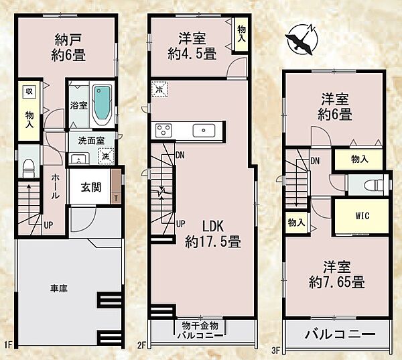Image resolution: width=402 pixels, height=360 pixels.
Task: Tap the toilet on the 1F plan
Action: click(x=29, y=168)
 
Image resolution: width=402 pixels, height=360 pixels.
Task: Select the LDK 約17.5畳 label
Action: click(x=213, y=233)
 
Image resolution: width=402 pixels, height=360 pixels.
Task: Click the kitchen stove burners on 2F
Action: click(x=165, y=129)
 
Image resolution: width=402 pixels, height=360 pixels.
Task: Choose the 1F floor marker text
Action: click(x=9, y=346)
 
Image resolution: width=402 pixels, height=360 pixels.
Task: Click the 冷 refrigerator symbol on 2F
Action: click(x=159, y=88)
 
